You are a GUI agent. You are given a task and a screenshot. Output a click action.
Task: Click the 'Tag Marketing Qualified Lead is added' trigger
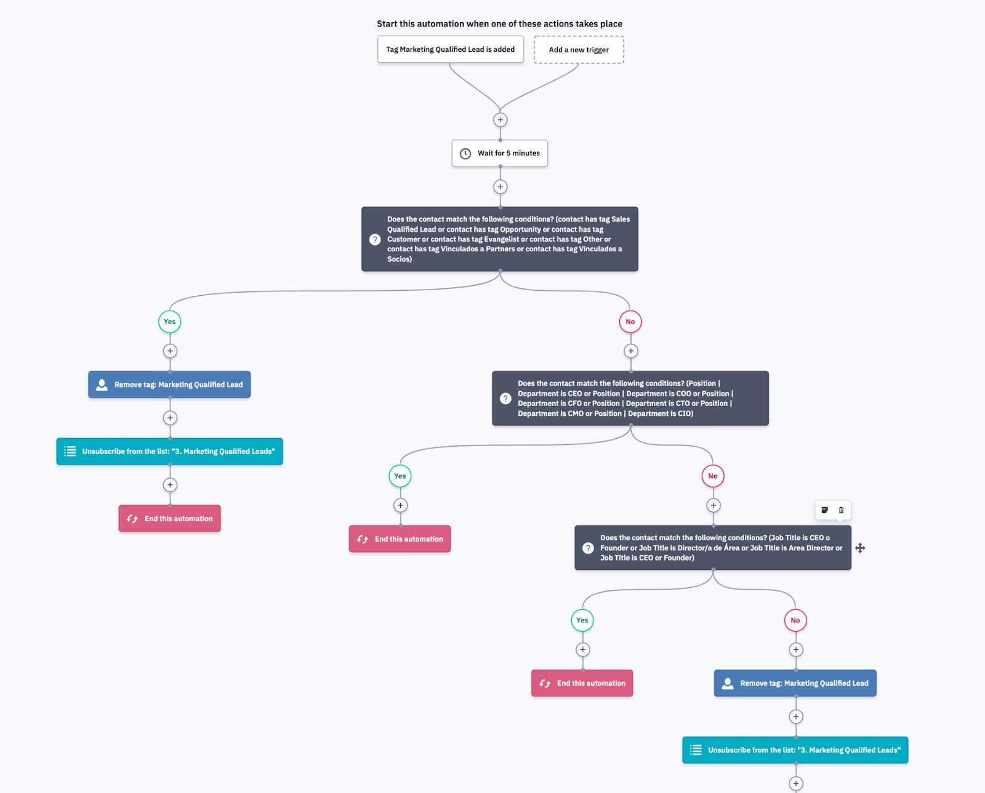450,49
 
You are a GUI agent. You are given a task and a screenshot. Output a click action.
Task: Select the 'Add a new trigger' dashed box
578,50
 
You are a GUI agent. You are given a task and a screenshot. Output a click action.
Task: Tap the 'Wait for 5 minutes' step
500,153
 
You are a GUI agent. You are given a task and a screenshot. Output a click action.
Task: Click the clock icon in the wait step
465,153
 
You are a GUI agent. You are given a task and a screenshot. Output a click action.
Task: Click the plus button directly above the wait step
501,120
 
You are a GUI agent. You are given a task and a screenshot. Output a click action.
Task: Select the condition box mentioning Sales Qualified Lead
500,239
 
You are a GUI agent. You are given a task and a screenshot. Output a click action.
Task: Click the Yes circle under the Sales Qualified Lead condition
170,322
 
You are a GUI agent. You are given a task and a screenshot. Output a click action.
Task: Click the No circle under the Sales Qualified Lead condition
630,322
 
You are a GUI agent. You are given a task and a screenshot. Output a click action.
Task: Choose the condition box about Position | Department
630,398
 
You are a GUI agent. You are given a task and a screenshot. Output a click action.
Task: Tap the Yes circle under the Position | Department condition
400,476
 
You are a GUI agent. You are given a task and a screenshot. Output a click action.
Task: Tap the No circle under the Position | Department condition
713,476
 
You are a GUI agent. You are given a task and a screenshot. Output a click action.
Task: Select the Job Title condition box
713,548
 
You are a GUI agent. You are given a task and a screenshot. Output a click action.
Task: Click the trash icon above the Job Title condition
842,510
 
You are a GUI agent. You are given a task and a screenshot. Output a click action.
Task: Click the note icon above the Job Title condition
825,510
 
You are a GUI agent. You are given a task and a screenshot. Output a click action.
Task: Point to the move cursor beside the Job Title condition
860,548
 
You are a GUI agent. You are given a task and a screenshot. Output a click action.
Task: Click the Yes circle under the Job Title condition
582,620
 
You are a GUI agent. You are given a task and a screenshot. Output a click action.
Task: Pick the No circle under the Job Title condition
795,620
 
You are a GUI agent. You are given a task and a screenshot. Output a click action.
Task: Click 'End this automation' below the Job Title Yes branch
582,683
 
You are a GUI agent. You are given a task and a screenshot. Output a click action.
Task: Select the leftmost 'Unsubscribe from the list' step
170,452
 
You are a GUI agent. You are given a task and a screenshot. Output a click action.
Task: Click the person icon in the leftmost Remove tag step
102,384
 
